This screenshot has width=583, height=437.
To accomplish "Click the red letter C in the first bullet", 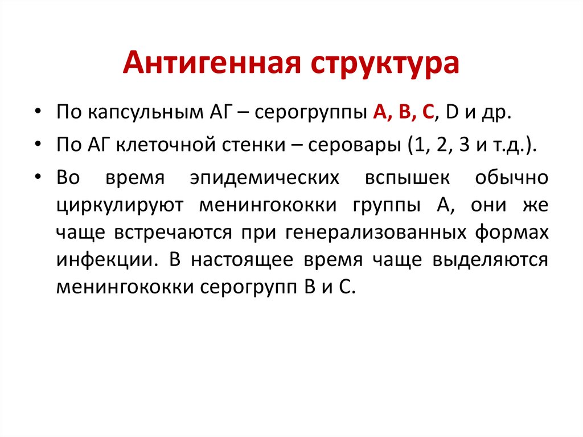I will (426, 112).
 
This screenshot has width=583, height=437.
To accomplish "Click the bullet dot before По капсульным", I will (38, 113).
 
